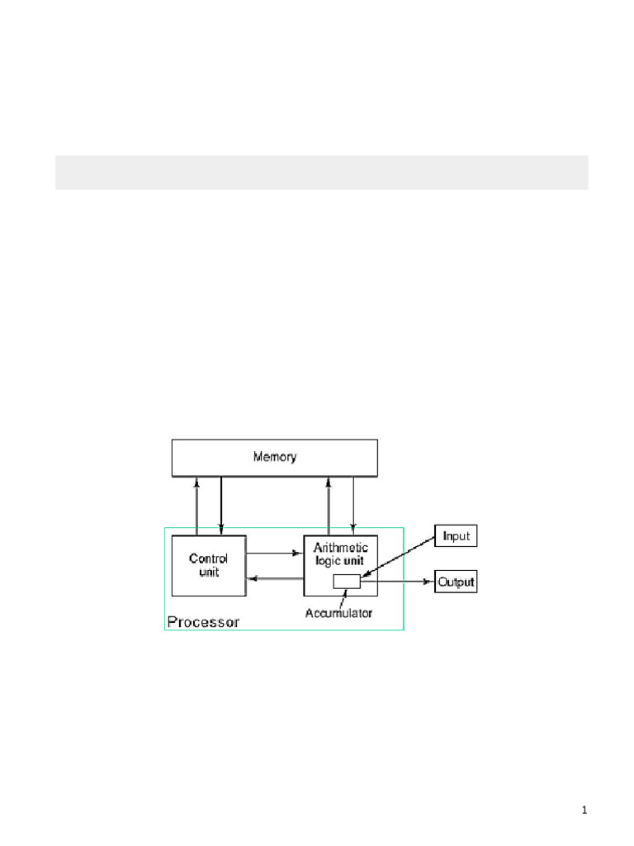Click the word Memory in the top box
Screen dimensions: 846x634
pos(274,457)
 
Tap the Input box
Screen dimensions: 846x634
pos(456,536)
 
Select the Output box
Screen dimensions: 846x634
pos(456,582)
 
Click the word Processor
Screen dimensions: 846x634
pos(203,622)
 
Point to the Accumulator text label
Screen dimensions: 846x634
pos(338,613)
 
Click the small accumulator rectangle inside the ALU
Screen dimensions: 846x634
pos(347,582)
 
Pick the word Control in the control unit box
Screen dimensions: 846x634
pos(209,558)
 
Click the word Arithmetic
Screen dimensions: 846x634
pos(341,548)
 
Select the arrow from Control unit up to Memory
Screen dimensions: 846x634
pos(196,506)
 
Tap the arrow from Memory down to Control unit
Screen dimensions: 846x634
pos(221,506)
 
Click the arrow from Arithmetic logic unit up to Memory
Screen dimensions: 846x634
pos(329,506)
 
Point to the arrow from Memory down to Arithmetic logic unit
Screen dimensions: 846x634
pos(353,506)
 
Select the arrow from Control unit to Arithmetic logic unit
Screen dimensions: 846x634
pos(275,553)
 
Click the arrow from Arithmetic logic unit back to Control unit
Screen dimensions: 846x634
pos(275,578)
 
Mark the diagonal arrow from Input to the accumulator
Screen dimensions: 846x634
pos(400,560)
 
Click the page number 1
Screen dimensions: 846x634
pos(584,811)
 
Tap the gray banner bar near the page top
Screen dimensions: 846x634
pos(321,172)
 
